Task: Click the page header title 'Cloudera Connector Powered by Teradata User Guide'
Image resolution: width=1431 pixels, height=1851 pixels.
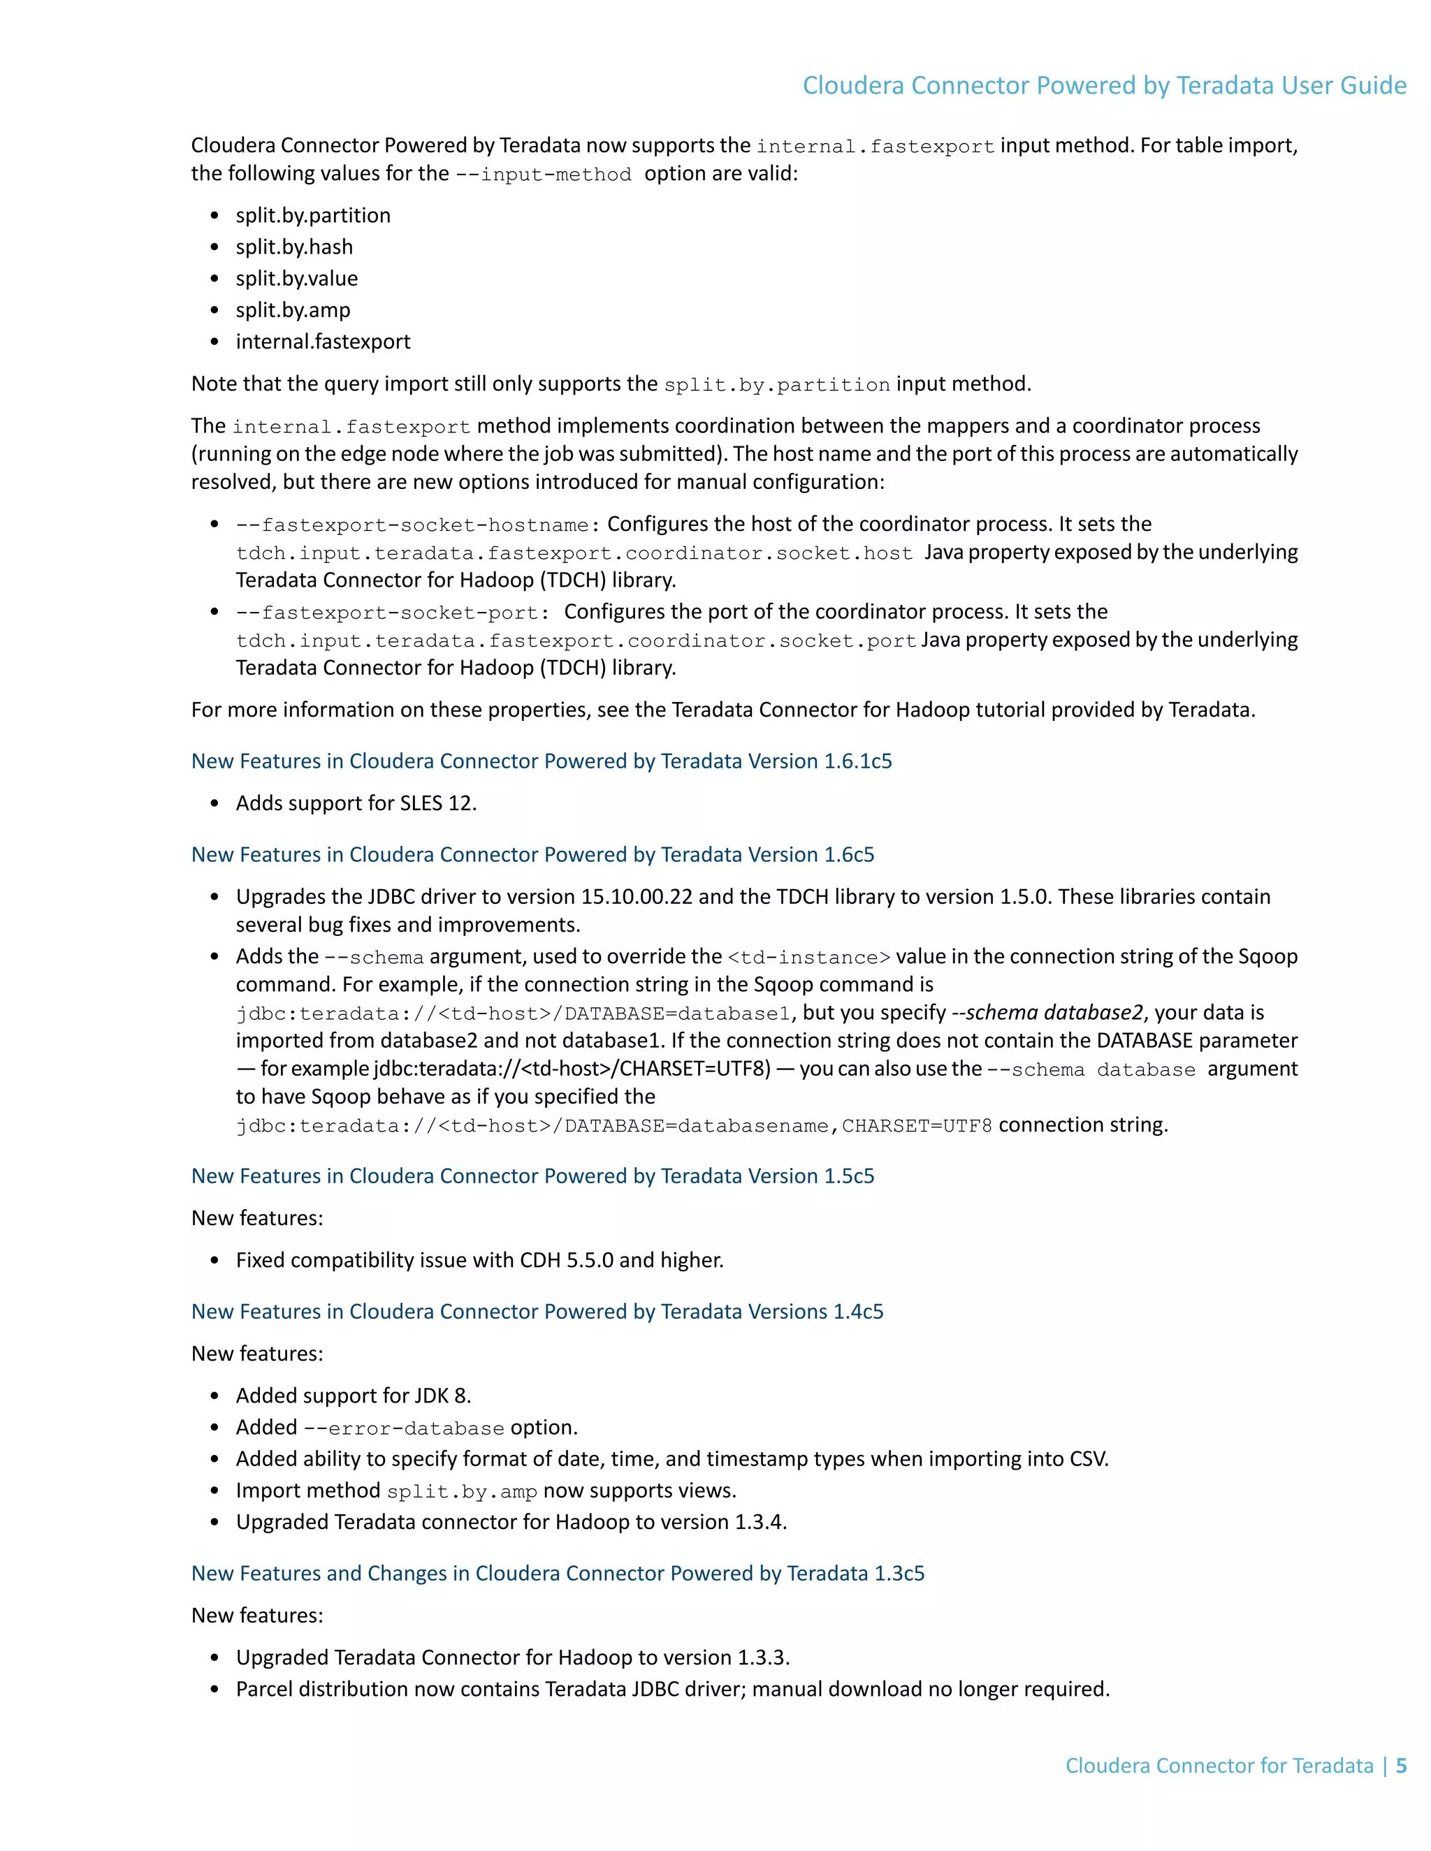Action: (1104, 86)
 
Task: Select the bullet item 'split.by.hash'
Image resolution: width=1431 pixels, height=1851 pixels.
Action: (294, 247)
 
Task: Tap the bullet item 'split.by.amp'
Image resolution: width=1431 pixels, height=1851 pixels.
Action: (293, 310)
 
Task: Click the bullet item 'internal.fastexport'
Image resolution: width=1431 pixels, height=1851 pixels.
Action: (322, 342)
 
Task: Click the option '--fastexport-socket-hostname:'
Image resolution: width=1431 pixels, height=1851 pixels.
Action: (418, 525)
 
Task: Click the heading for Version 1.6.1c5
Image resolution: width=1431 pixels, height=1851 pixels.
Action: (541, 761)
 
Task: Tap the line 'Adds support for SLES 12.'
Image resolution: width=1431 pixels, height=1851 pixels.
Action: (356, 803)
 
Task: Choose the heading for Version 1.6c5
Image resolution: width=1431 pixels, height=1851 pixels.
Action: (532, 854)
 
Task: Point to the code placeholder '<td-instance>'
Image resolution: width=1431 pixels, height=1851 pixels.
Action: (808, 958)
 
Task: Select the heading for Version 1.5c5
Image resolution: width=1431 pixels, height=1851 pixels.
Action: (532, 1176)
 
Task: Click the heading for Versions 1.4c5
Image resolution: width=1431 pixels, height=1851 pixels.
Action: (537, 1312)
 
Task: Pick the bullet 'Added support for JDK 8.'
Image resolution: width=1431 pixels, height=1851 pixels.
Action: (353, 1396)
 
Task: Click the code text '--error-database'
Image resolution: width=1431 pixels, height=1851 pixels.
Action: (404, 1429)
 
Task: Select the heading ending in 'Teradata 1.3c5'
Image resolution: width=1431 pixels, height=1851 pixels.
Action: (557, 1574)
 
